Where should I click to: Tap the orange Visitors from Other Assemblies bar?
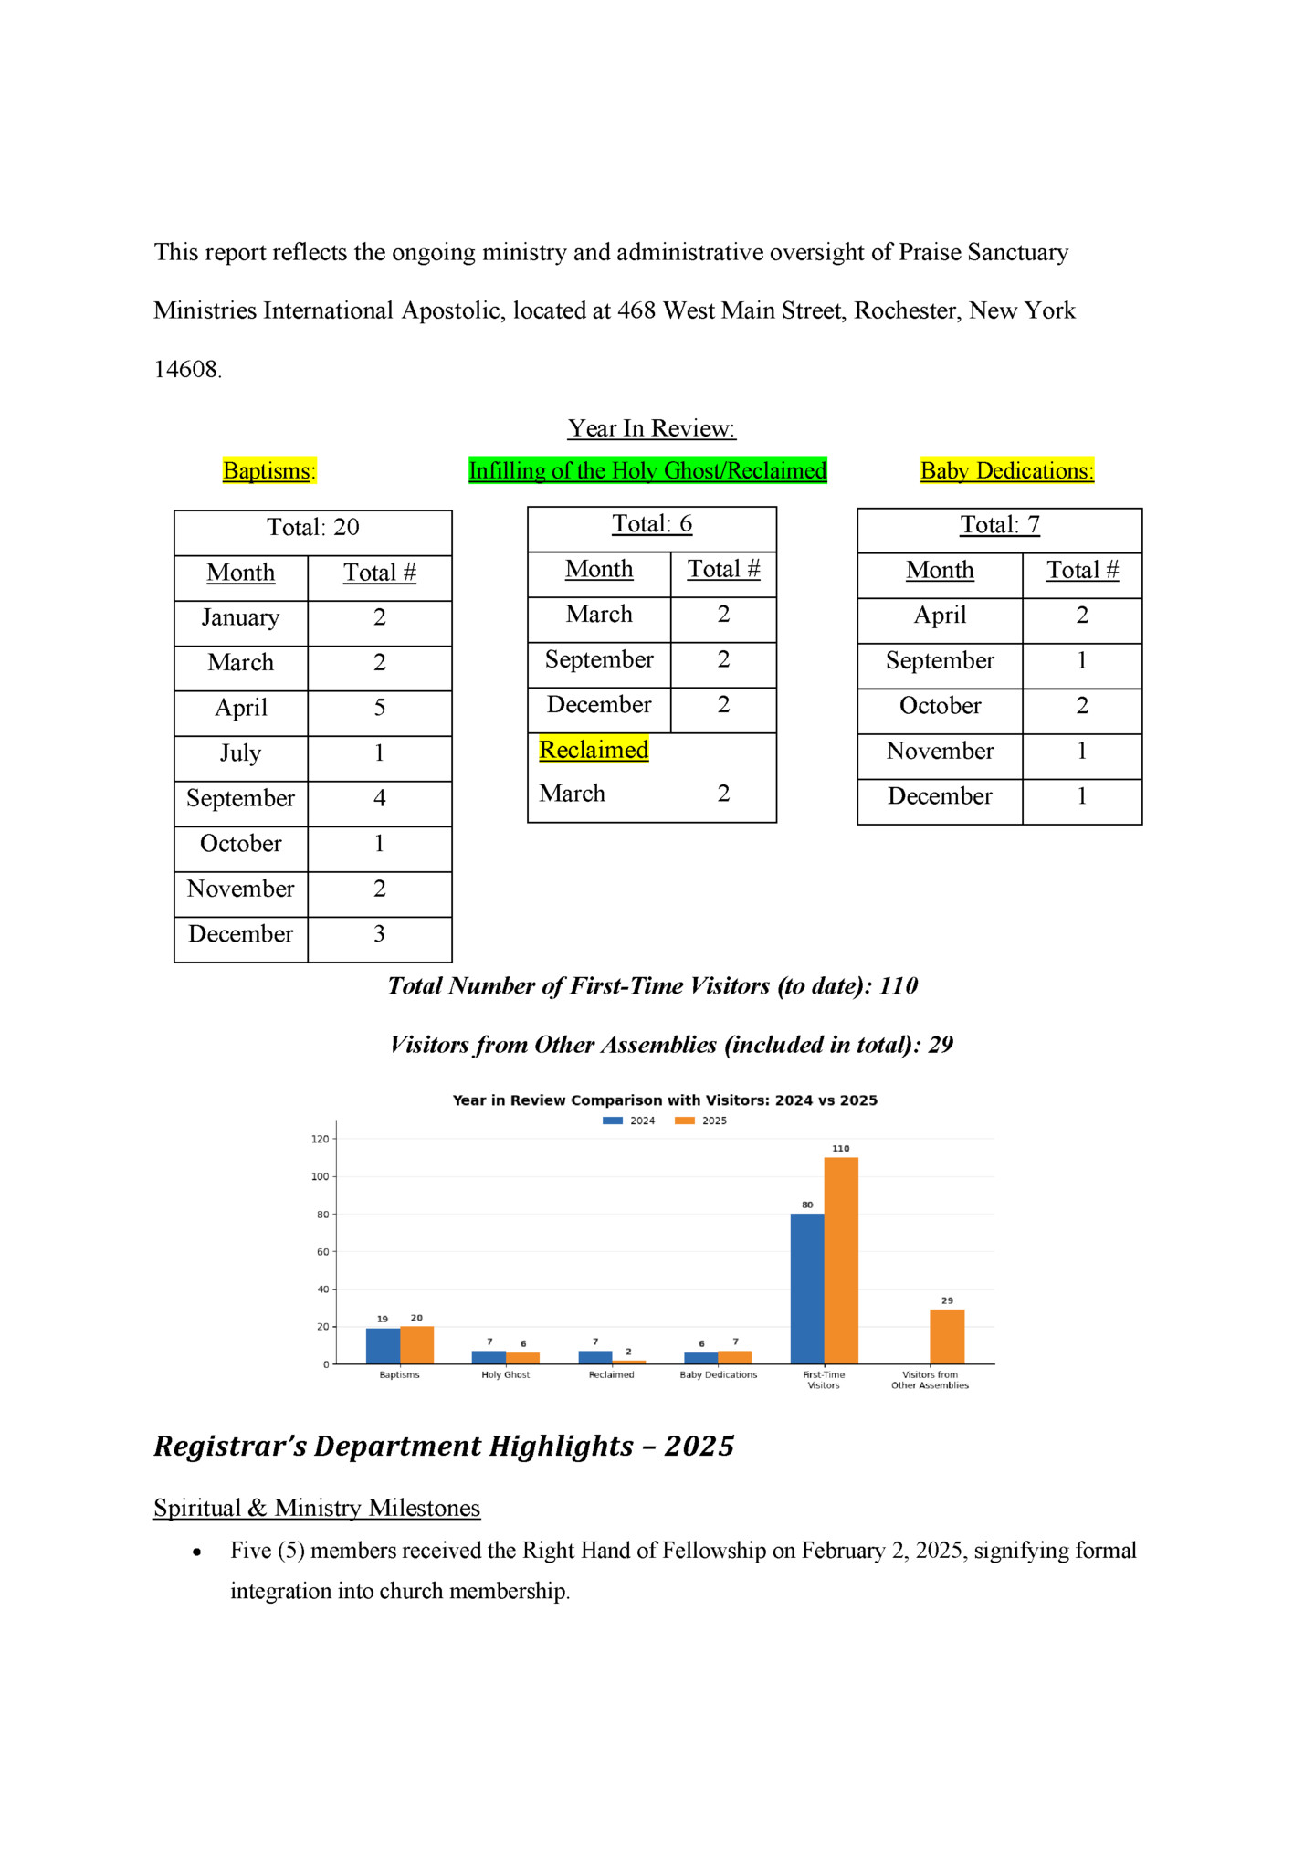coord(947,1336)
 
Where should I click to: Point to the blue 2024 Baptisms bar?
coord(383,1345)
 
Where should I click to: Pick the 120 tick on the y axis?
coord(320,1139)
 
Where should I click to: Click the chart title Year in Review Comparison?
coord(665,1100)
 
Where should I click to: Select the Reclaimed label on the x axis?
coord(611,1374)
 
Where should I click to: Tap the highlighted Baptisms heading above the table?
coord(268,470)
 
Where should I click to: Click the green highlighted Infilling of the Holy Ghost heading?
coord(647,470)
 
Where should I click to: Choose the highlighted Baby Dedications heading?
coord(1006,470)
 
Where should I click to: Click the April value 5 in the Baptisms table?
coord(379,708)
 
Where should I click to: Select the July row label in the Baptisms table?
coord(240,753)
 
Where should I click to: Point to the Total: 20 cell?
coord(312,528)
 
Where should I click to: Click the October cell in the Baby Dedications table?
coord(940,706)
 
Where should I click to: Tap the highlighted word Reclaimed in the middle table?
coord(594,750)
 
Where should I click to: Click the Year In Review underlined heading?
coord(651,428)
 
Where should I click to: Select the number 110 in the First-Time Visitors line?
coord(899,986)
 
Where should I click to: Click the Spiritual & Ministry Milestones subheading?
coord(317,1508)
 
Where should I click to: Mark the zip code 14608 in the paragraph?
coord(186,370)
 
